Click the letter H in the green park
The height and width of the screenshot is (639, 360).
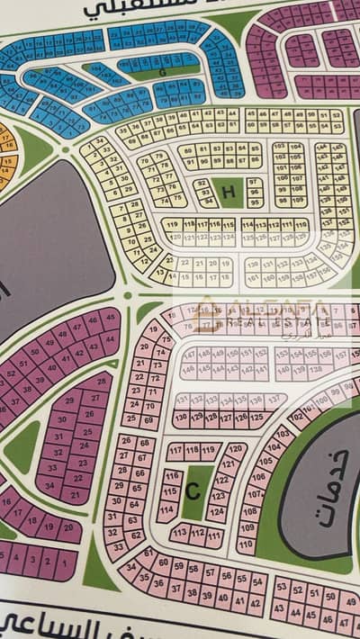228,191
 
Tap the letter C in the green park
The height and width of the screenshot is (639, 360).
192,491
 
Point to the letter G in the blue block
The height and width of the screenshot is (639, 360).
162,72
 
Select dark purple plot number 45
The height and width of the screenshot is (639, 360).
111,315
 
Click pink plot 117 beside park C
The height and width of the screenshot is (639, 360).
175,448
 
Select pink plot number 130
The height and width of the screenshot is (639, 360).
181,418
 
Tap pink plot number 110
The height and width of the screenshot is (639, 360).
245,544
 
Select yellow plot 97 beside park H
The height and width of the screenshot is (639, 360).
253,180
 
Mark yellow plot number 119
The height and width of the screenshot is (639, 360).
171,222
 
